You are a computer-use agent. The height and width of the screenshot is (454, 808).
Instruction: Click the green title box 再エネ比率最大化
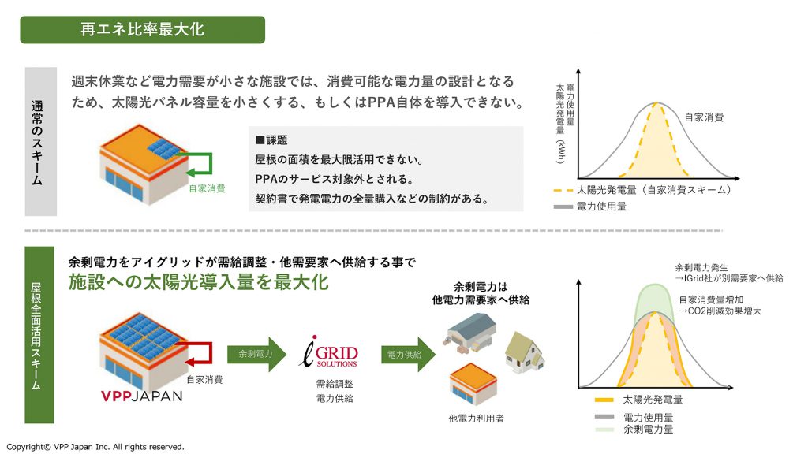click(142, 30)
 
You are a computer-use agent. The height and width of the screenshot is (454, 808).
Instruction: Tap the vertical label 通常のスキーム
click(40, 142)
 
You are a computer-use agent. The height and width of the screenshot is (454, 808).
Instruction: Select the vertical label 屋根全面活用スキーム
click(40, 335)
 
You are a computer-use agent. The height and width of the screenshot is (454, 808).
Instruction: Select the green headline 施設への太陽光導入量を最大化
click(198, 282)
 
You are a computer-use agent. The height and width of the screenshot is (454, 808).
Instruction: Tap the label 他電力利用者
click(476, 418)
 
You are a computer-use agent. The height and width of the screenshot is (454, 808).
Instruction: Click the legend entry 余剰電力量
click(648, 430)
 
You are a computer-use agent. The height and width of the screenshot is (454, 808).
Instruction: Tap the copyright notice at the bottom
click(95, 447)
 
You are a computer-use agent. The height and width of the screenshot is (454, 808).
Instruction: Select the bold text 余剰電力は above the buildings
click(481, 287)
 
